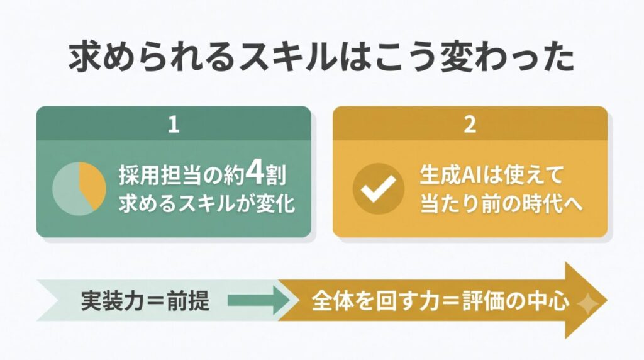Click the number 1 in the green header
(x=174, y=124)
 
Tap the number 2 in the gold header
(x=470, y=124)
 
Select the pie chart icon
(x=79, y=189)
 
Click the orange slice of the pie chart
(x=91, y=185)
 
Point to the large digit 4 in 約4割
(x=255, y=175)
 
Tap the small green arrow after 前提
(x=258, y=300)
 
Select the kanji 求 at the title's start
(x=85, y=57)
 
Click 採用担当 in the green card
(x=161, y=176)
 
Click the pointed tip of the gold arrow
(x=607, y=300)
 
